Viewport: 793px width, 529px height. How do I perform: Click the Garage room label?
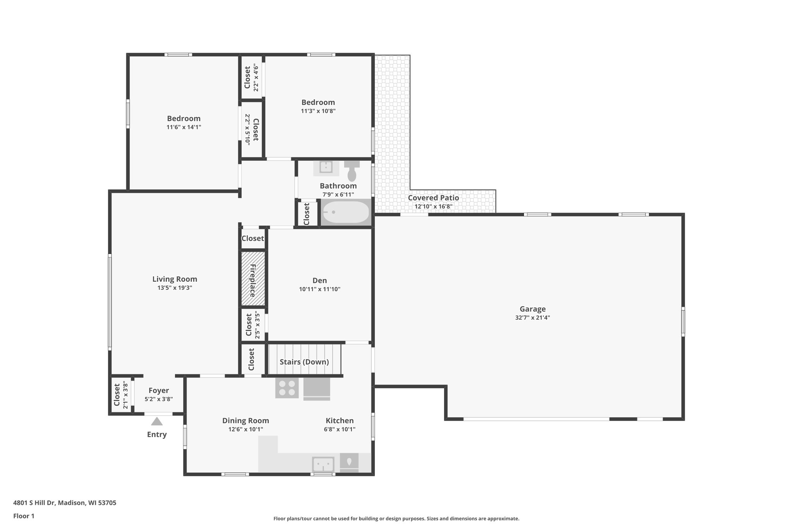532,309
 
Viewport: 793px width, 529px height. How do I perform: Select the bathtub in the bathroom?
345,212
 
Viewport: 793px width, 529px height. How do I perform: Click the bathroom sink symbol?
326,167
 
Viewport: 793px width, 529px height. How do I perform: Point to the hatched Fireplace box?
253,278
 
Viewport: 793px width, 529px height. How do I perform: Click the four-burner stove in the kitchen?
287,388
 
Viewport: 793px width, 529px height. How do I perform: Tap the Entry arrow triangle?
156,421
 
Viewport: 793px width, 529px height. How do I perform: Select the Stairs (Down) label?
304,362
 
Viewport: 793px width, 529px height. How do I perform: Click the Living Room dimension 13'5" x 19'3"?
175,288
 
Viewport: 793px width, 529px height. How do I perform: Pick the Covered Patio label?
433,198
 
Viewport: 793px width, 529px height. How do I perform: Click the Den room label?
319,280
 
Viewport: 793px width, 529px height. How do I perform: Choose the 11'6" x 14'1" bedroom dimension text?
184,127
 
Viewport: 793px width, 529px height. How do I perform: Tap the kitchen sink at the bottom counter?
323,464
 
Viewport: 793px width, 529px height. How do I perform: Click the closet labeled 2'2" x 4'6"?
251,78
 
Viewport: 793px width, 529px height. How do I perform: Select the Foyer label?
159,391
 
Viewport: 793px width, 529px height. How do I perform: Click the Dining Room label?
245,420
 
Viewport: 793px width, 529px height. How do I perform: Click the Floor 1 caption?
24,516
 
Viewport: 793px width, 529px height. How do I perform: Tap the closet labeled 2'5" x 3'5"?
253,324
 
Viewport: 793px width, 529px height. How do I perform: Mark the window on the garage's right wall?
683,321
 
